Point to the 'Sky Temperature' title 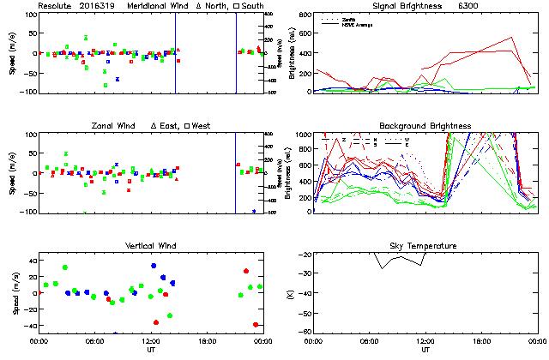point(422,246)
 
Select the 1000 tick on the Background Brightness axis point(302,135)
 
